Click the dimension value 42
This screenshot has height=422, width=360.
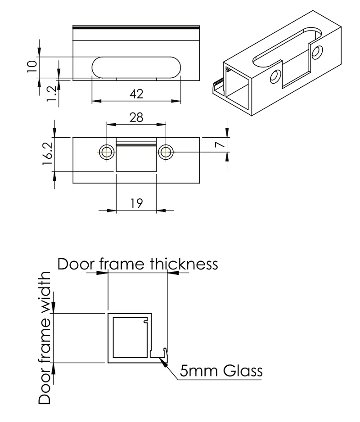(x=136, y=94)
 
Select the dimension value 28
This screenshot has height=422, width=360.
(x=136, y=118)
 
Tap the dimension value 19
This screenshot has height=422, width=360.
(x=136, y=203)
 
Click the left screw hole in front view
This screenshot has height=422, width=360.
(x=107, y=152)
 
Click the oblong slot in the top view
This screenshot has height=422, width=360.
(x=136, y=67)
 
